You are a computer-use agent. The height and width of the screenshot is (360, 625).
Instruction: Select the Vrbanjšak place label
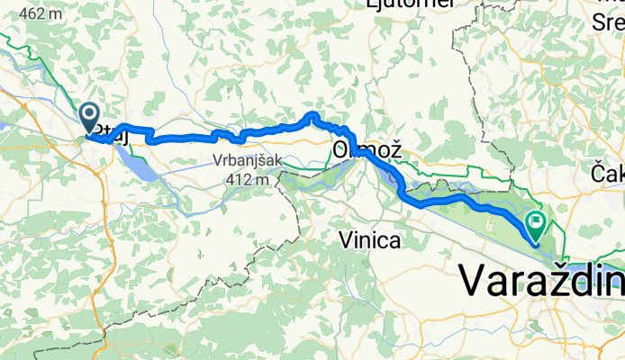click(x=248, y=162)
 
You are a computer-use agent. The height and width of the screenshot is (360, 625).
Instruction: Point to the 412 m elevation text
click(x=249, y=179)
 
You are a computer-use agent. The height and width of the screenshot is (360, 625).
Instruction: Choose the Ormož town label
click(x=366, y=149)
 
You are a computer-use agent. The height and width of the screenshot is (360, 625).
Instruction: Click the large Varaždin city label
click(x=540, y=281)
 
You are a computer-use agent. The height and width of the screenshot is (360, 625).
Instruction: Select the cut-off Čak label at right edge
click(x=608, y=172)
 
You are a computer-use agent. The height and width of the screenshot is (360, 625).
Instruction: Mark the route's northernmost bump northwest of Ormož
click(x=312, y=114)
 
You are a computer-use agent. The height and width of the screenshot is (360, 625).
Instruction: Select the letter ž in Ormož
click(x=390, y=149)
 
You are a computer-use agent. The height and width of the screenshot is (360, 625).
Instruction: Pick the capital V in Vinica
click(x=346, y=239)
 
